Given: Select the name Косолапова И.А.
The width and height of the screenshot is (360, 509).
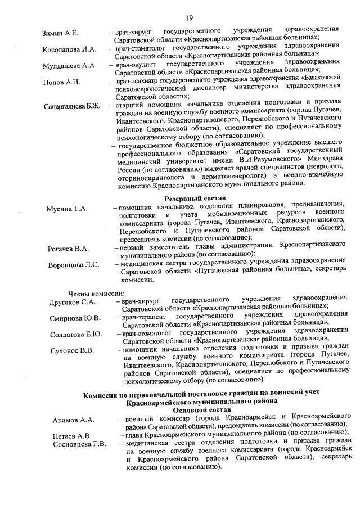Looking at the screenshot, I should (70, 49).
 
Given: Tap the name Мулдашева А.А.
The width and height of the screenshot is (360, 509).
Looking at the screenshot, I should (70, 66).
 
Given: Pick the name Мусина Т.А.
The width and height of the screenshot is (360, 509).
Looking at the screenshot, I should (67, 209).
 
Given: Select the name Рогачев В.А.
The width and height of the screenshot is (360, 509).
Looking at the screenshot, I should (68, 249).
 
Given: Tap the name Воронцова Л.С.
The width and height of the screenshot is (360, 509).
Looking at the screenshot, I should (73, 265).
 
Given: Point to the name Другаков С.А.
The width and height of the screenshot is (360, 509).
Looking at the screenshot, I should (72, 302).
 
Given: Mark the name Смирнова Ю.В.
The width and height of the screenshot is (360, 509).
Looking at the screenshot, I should (75, 318).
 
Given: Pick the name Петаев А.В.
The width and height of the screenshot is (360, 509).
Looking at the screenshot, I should (71, 435).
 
